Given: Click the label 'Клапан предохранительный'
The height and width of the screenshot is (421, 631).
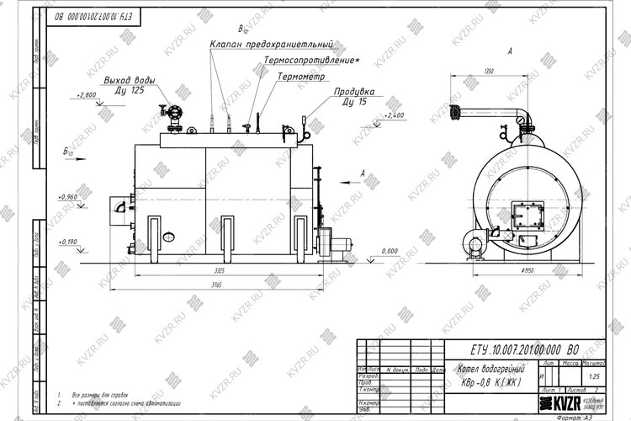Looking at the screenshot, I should click(272, 44).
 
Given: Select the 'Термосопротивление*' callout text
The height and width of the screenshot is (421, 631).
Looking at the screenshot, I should click(310, 61).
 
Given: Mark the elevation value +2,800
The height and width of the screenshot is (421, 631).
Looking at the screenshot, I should click(86, 95).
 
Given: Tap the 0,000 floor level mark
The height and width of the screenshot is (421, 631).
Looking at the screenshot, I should click(390, 251).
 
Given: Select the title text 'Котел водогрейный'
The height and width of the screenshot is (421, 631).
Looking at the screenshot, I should click(490, 370).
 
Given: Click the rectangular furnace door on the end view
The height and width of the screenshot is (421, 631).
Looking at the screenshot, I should click(529, 216).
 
